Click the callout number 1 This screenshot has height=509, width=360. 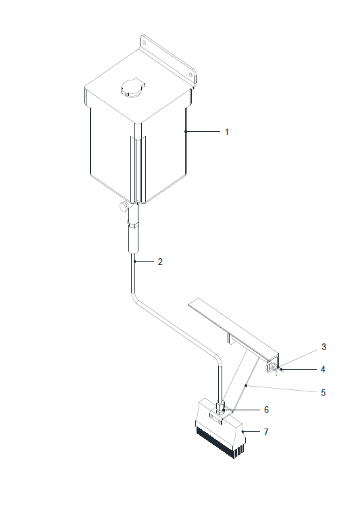pos(227,132)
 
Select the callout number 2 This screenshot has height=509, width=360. pos(160,262)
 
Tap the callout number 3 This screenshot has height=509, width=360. pos(324,347)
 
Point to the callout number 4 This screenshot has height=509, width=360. pos(323,370)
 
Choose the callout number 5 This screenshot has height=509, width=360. pos(323,393)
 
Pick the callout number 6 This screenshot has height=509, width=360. pos(266,410)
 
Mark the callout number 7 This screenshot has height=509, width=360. pos(266,432)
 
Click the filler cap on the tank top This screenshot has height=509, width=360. pos(133,88)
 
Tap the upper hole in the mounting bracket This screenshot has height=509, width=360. pos(145,43)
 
